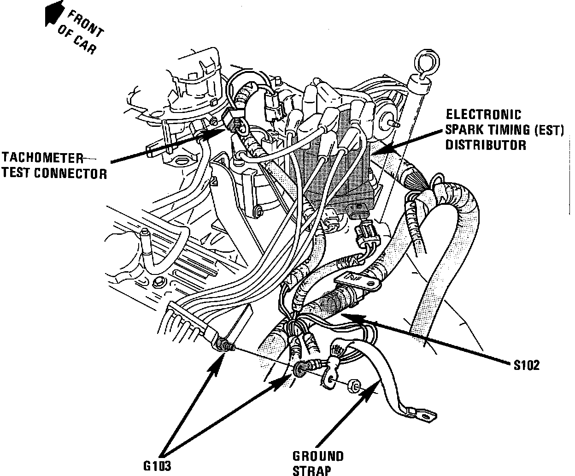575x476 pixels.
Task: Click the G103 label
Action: click(x=157, y=466)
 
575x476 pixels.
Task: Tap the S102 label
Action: click(x=526, y=365)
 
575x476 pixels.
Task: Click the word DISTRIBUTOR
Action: click(x=486, y=145)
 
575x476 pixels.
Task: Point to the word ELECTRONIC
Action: click(x=484, y=114)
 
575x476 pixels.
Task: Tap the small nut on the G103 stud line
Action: click(x=352, y=386)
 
